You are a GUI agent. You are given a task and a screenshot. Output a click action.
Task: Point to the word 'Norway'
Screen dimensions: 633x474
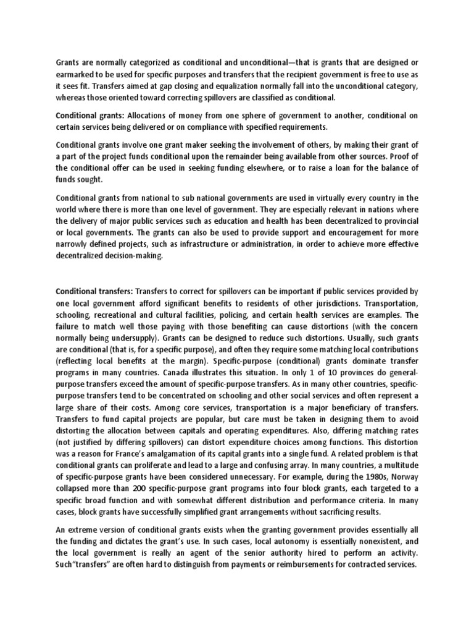point(402,477)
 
